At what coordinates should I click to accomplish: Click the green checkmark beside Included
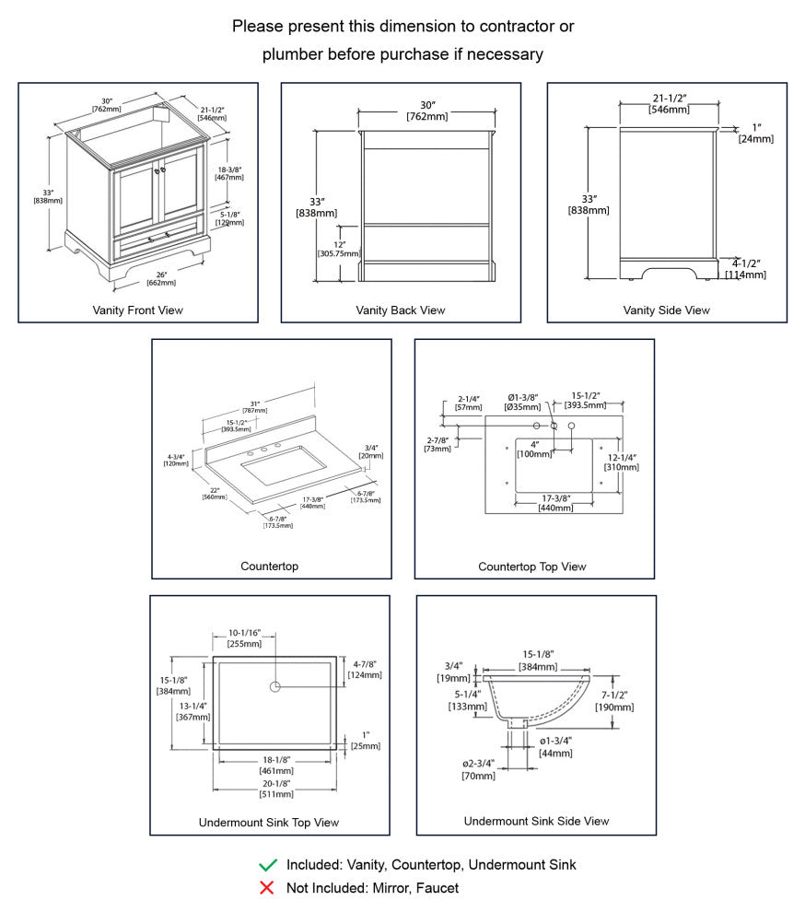click(x=268, y=865)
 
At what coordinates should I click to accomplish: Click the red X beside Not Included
click(x=268, y=888)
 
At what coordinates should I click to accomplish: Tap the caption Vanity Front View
click(x=138, y=310)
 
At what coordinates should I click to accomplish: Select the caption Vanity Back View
click(x=401, y=310)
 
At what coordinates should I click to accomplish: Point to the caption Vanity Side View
click(x=667, y=310)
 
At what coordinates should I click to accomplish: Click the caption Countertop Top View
click(x=532, y=567)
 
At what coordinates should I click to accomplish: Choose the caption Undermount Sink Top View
click(x=269, y=823)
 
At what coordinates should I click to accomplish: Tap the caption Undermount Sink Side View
click(x=536, y=821)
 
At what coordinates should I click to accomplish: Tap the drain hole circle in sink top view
click(x=275, y=687)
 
